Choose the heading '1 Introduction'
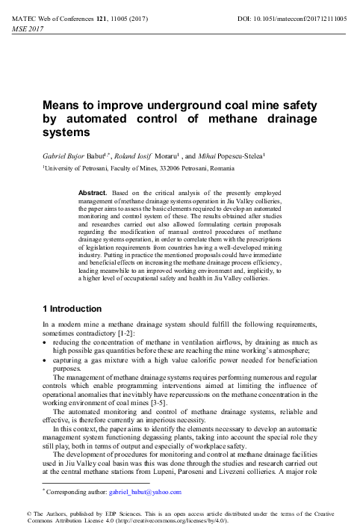(72, 309)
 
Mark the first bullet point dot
(45, 342)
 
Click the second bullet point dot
(45, 360)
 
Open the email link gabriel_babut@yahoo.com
(147, 492)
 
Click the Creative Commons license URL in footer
(190, 520)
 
